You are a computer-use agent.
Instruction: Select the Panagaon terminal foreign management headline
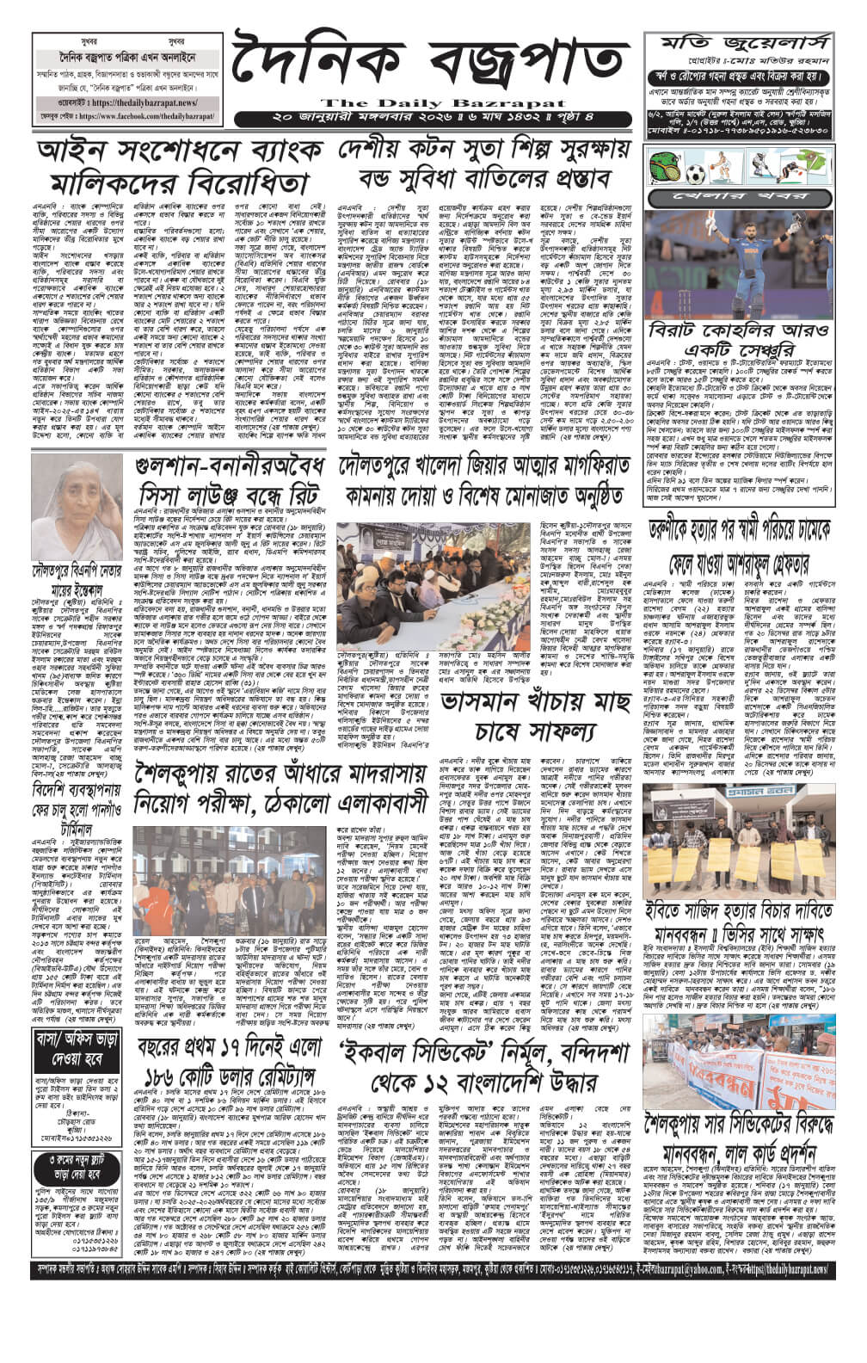click(70, 801)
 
